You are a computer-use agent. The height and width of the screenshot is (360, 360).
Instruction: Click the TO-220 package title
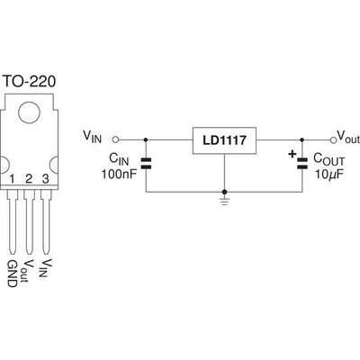click(x=30, y=81)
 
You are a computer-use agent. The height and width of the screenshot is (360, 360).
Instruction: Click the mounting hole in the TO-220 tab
click(x=29, y=112)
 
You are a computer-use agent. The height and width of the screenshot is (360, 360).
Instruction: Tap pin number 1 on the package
click(x=12, y=179)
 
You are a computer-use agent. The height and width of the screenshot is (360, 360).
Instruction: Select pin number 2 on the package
click(x=29, y=179)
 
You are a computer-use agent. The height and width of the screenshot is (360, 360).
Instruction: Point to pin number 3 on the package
click(x=46, y=179)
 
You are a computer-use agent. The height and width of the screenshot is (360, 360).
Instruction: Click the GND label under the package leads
click(x=12, y=274)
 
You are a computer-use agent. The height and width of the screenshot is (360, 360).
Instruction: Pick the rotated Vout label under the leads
click(x=30, y=271)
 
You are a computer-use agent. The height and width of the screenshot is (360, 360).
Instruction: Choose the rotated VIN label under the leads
click(x=46, y=268)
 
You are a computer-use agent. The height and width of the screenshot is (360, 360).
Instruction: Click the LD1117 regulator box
click(x=224, y=140)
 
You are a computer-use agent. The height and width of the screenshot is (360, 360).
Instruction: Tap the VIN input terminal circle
click(x=115, y=139)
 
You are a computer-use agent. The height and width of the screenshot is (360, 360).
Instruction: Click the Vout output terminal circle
click(x=332, y=139)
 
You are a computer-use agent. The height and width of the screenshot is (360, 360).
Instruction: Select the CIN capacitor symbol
click(x=146, y=163)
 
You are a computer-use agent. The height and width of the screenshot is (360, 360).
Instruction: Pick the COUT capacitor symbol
click(x=302, y=163)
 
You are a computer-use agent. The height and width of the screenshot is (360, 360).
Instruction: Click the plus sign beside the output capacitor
click(x=292, y=154)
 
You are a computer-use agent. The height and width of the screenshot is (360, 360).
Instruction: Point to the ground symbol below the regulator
click(x=224, y=201)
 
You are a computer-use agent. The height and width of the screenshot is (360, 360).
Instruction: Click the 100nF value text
click(x=119, y=174)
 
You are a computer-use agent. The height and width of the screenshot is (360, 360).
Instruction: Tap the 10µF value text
click(x=328, y=174)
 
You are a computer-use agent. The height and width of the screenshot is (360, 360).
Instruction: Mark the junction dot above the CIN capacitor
click(x=146, y=139)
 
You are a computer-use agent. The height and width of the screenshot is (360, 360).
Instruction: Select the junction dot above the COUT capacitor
click(x=302, y=139)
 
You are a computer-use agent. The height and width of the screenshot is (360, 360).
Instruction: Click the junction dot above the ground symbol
click(x=224, y=192)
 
